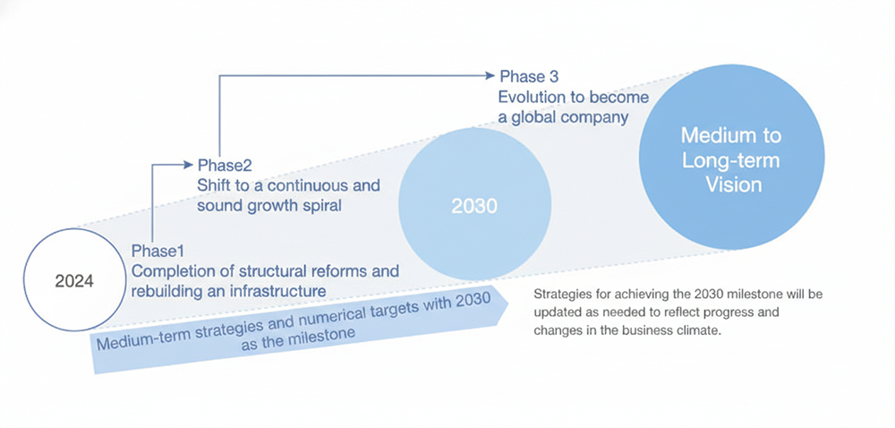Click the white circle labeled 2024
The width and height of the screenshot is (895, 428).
pos(74,279)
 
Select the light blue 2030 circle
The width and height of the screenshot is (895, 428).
pos(474,204)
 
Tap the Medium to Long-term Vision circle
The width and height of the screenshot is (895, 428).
pos(731,157)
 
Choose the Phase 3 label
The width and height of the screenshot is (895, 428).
pos(529,76)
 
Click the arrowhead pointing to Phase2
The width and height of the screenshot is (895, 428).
pos(188,165)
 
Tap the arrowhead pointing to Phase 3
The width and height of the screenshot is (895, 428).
pos(489,75)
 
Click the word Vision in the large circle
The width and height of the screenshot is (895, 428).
pos(734,184)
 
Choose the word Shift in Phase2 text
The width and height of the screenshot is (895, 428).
pos(212,186)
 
